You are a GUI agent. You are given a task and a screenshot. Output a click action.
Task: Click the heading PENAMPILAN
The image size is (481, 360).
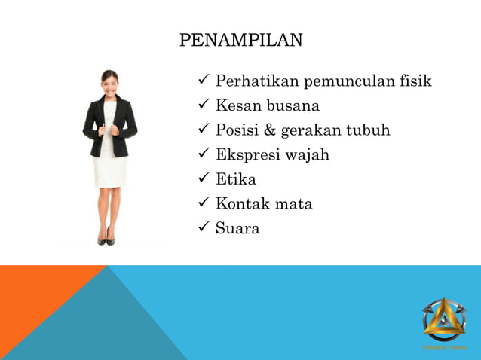coord(240,40)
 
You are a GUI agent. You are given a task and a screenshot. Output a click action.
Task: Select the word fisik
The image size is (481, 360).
coord(414,81)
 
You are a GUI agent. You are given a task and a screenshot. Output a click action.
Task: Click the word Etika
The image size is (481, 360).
coord(235,179)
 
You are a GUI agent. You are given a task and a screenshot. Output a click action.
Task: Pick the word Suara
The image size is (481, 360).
coord(237,228)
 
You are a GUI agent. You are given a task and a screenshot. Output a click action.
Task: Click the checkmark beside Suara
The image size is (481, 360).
coord(203,228)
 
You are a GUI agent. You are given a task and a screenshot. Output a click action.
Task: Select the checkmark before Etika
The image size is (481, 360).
coord(203,179)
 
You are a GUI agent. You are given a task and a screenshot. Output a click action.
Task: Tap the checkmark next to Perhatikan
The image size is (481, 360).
coord(203,81)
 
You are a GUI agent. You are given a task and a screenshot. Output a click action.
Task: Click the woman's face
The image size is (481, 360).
coord(109,81)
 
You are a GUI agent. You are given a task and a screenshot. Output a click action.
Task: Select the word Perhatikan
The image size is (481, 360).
coord(258,81)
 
